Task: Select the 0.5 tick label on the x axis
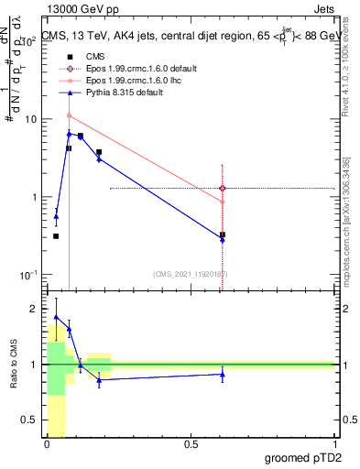191,444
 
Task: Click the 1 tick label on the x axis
335,444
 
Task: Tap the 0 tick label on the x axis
48,444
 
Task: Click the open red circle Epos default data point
223,188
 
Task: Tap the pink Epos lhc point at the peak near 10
69,115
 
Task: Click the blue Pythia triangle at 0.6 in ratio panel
223,374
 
